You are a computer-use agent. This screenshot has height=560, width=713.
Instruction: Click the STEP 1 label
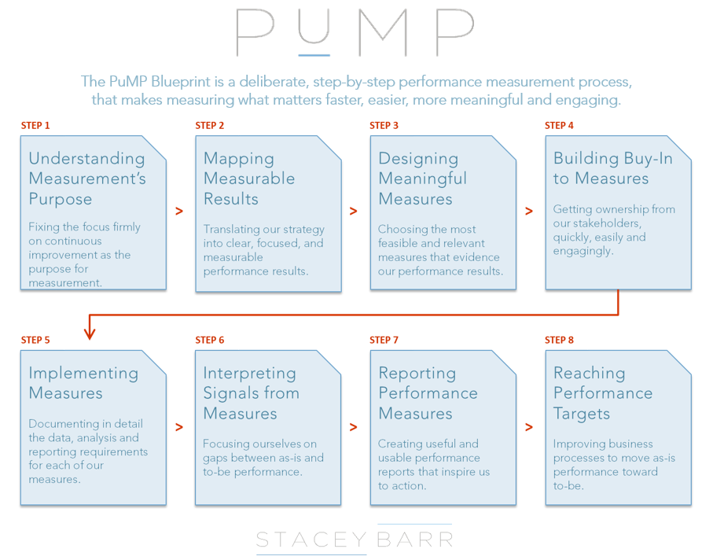point(35,126)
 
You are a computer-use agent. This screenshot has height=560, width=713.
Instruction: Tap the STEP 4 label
point(559,126)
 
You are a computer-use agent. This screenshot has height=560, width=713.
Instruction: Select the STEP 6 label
point(210,341)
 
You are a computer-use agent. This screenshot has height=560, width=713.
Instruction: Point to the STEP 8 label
point(559,341)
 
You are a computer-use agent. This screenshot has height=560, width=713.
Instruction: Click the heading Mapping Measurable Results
point(249,179)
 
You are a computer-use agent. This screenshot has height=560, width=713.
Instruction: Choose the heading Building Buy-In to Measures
point(612,168)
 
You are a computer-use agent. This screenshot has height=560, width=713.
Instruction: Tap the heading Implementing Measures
point(83,383)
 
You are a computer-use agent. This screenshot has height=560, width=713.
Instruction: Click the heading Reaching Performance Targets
point(603,393)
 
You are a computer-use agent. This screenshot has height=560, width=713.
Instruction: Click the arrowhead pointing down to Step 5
point(90,334)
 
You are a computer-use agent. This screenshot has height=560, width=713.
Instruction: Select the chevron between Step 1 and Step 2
point(179,211)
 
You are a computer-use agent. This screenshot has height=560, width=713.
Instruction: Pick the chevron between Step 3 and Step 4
point(529,211)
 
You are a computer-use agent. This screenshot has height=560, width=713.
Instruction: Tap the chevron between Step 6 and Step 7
point(353,427)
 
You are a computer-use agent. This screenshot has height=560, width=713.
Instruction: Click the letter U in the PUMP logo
point(314,26)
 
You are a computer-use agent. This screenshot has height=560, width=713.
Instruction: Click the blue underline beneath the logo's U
point(314,55)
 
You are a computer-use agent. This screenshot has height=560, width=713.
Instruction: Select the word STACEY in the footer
point(311,540)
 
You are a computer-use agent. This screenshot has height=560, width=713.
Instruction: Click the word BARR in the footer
point(415,540)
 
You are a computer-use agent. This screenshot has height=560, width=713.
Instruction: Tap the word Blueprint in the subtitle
point(181,82)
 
